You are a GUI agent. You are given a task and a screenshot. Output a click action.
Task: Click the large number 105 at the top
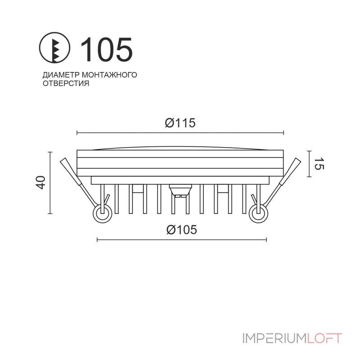tap(106, 49)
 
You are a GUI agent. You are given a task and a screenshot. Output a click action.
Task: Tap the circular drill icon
tap(55, 49)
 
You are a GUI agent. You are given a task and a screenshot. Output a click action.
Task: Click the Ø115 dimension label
tap(180, 123)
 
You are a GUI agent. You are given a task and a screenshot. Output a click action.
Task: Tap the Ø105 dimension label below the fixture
tap(182, 229)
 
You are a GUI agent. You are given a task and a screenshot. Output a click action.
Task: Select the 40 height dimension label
tap(40, 182)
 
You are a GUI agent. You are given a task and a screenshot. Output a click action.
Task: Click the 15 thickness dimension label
tap(318, 164)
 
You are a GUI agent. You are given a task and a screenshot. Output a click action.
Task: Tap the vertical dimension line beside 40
tap(50, 182)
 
